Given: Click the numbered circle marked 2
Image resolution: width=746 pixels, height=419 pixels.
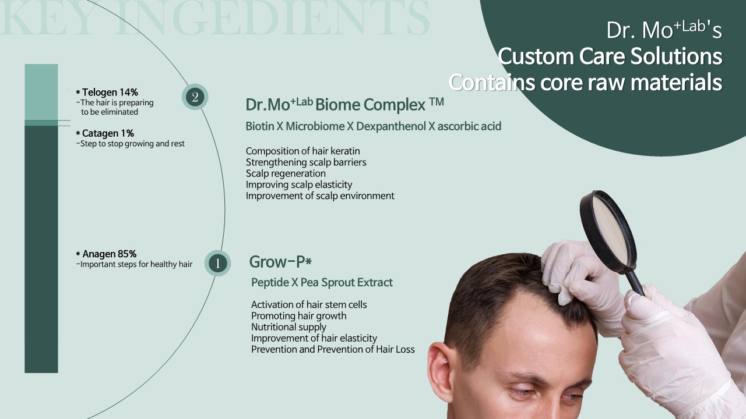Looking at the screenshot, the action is point(195,97).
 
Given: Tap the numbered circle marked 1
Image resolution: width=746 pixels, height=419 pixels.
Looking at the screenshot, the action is point(217,263).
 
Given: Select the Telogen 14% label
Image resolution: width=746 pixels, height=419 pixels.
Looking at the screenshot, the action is point(107,92).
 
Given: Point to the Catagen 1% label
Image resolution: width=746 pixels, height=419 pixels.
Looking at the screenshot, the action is point(105,133).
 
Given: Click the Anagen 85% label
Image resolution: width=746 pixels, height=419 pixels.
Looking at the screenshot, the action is point(106,254).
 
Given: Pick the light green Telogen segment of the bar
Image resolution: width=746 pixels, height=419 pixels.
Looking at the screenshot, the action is point(41,92).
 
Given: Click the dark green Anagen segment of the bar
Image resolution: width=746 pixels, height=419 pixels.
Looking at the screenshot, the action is point(41,250).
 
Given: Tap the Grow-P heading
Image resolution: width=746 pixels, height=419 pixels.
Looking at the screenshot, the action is point(280,262).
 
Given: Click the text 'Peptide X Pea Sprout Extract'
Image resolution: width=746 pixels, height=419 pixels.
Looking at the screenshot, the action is point(322,282).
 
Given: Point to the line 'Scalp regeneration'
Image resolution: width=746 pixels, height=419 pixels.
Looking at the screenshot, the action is point(286,173).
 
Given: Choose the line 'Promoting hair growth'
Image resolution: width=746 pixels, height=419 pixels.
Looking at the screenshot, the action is point(299,315).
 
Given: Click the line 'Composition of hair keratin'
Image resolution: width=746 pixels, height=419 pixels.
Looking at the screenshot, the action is point(302,151).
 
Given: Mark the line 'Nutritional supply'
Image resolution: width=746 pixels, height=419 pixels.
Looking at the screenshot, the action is point(288,327).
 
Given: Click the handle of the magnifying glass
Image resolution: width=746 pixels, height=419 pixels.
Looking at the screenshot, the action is point(635,283).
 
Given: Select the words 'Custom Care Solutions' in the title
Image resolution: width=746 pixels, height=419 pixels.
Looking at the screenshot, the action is point(610,56).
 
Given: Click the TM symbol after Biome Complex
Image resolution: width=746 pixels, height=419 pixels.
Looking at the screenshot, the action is point(437,101).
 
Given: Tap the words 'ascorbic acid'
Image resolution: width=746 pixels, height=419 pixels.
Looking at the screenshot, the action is point(469,126).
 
